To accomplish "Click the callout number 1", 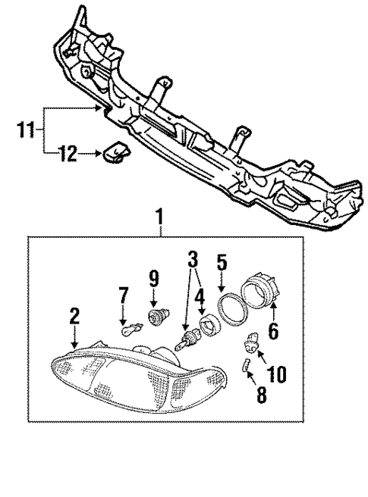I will click(160, 220).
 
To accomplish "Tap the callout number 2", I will click(74, 315).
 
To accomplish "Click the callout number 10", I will click(276, 373).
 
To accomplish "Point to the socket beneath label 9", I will click(158, 316).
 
